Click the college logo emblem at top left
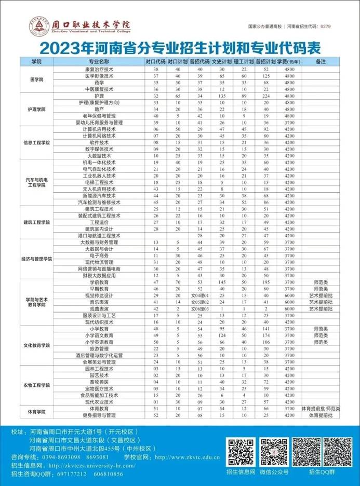point(39,26)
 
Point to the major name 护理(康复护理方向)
point(99,103)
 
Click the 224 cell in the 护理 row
point(266,96)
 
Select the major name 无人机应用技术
point(99,189)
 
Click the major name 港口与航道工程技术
point(99,235)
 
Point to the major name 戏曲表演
point(99,308)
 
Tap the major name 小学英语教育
point(99,342)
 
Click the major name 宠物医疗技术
point(99,388)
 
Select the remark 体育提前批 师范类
point(321,409)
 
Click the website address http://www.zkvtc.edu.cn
point(188,457)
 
